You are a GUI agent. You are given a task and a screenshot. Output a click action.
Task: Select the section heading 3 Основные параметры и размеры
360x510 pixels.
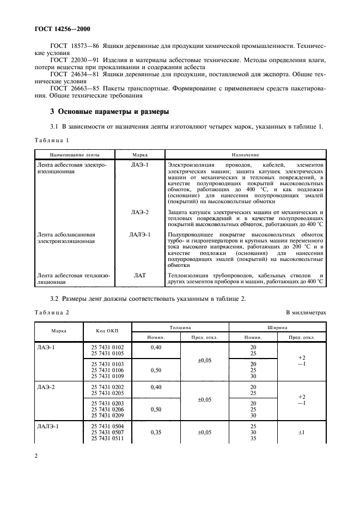109,112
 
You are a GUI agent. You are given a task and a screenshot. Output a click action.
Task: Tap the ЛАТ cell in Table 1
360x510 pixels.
140,276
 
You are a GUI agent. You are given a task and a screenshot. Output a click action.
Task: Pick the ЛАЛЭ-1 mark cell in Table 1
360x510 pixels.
140,234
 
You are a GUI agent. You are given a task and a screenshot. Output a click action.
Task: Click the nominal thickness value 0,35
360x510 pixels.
156,432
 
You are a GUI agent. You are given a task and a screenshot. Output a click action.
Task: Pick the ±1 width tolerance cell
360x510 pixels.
301,432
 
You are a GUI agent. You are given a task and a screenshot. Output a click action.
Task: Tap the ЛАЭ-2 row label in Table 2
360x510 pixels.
47,386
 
